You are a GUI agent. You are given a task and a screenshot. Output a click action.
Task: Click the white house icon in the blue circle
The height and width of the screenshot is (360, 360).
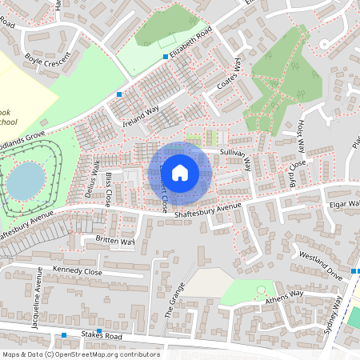(180, 173)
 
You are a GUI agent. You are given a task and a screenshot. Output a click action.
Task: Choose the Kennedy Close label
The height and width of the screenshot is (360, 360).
(77, 272)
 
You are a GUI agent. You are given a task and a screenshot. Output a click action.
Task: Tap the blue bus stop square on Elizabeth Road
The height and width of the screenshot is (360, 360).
(166, 57)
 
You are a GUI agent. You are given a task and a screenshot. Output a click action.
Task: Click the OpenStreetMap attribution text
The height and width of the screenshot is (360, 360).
(80, 354)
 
